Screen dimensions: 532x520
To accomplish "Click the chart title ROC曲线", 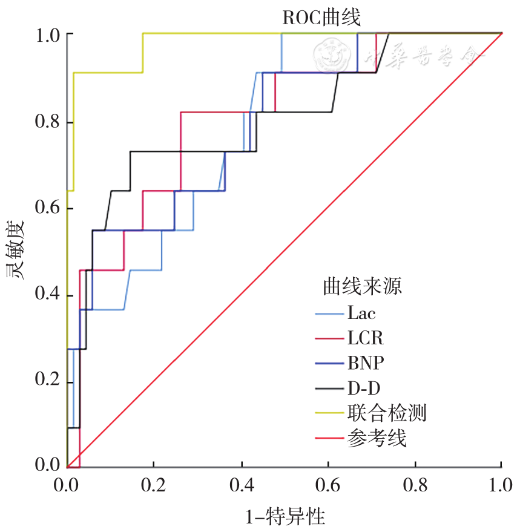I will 321,18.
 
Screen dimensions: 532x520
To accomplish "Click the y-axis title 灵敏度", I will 16,249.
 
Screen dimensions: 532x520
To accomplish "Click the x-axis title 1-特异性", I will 285,517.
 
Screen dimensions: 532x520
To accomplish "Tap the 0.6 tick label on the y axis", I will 47,208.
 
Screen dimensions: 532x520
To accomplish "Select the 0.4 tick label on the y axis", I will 47,295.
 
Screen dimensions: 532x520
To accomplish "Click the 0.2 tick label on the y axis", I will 47,381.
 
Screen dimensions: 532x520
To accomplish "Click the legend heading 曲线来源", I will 363,286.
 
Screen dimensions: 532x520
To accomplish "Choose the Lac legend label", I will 361,313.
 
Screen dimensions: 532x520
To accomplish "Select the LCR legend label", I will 366,338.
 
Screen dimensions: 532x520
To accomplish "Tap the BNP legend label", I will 366,363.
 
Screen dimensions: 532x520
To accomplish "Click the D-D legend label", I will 364,387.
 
